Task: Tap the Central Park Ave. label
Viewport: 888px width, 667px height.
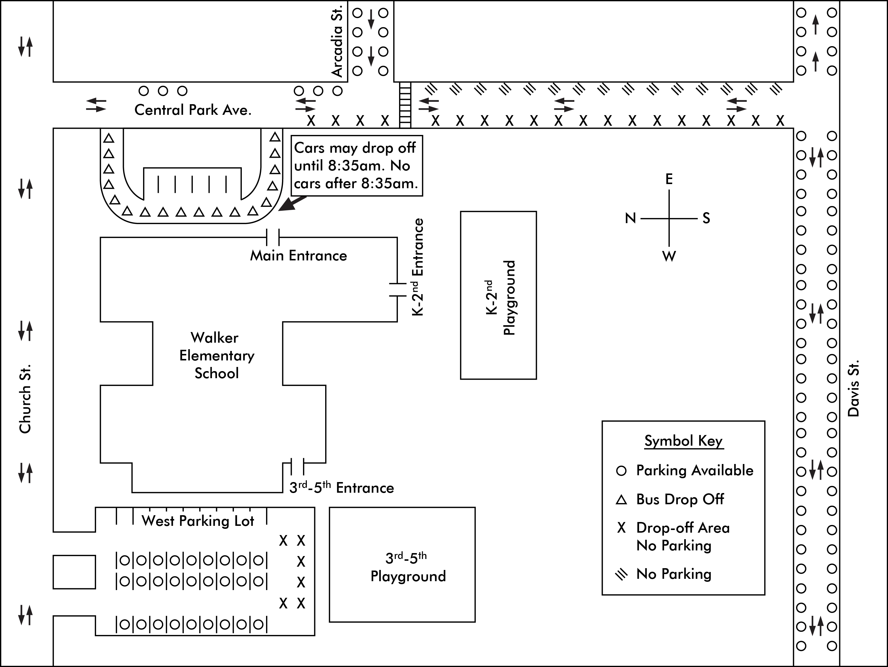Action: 193,110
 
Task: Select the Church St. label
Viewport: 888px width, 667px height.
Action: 25,399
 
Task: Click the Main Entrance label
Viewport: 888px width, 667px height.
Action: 298,256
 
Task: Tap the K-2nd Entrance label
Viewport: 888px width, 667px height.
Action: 418,267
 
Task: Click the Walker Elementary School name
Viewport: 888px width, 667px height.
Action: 216,356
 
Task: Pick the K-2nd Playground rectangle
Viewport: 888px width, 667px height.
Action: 498,295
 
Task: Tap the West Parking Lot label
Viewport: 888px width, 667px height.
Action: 198,521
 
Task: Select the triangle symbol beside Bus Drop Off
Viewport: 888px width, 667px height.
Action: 621,500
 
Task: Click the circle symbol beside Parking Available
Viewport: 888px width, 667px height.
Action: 621,471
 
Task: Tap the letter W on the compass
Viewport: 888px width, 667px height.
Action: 669,256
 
